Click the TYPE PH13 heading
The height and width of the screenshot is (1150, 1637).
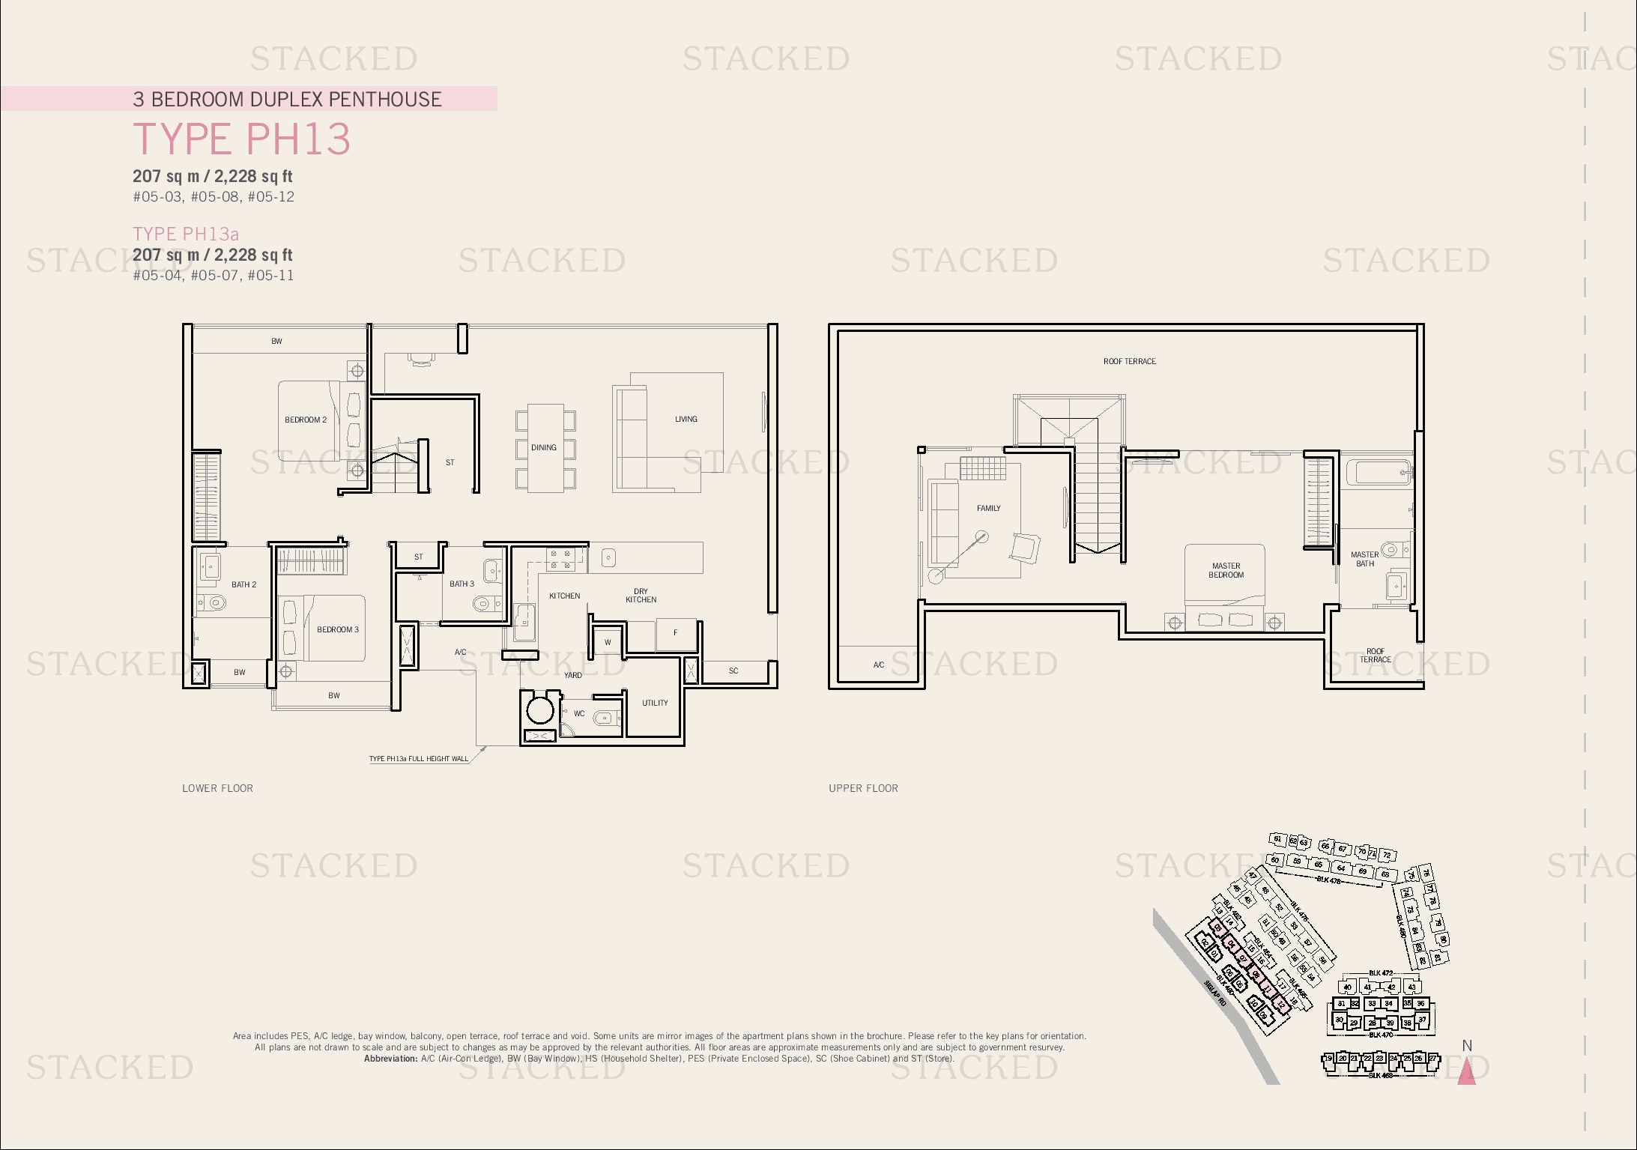241,139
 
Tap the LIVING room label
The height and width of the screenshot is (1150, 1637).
686,419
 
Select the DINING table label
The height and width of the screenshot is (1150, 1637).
544,447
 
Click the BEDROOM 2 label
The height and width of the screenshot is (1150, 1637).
306,420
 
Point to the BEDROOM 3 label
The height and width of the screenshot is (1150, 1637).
338,629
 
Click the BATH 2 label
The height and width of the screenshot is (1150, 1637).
243,584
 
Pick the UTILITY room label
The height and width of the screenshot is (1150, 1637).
655,703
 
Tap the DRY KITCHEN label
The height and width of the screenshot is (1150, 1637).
641,596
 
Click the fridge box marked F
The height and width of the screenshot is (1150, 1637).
675,633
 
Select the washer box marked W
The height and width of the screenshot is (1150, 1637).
608,642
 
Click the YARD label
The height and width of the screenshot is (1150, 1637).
572,675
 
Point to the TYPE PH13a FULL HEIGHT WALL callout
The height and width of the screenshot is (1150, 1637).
418,759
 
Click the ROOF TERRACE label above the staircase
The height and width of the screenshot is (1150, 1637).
1129,361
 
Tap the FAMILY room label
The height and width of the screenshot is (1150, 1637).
988,508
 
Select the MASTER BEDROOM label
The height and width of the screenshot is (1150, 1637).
1226,570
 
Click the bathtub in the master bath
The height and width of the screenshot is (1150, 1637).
1379,473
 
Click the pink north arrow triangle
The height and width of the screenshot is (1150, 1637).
1466,1072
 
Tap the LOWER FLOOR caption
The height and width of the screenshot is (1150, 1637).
217,788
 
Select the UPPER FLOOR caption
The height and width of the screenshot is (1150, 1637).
863,788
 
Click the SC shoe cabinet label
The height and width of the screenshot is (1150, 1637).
733,671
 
